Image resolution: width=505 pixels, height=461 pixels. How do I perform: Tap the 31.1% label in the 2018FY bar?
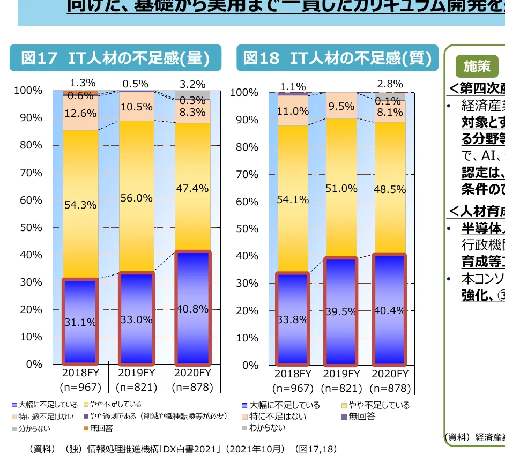coord(80,322)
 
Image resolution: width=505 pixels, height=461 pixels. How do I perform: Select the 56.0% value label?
coord(136,198)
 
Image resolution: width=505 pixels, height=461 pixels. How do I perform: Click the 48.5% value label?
coord(390,189)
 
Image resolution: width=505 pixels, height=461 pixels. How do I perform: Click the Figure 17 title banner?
coord(115,58)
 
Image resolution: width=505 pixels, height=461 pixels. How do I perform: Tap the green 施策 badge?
coord(477,66)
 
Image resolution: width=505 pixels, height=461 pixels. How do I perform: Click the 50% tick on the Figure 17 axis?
coord(31,227)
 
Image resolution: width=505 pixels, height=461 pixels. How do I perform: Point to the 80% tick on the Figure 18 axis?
coord(248,147)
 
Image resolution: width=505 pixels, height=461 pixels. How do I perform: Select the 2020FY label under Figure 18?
coord(390,374)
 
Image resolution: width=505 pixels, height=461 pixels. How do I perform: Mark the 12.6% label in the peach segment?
coord(80,113)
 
